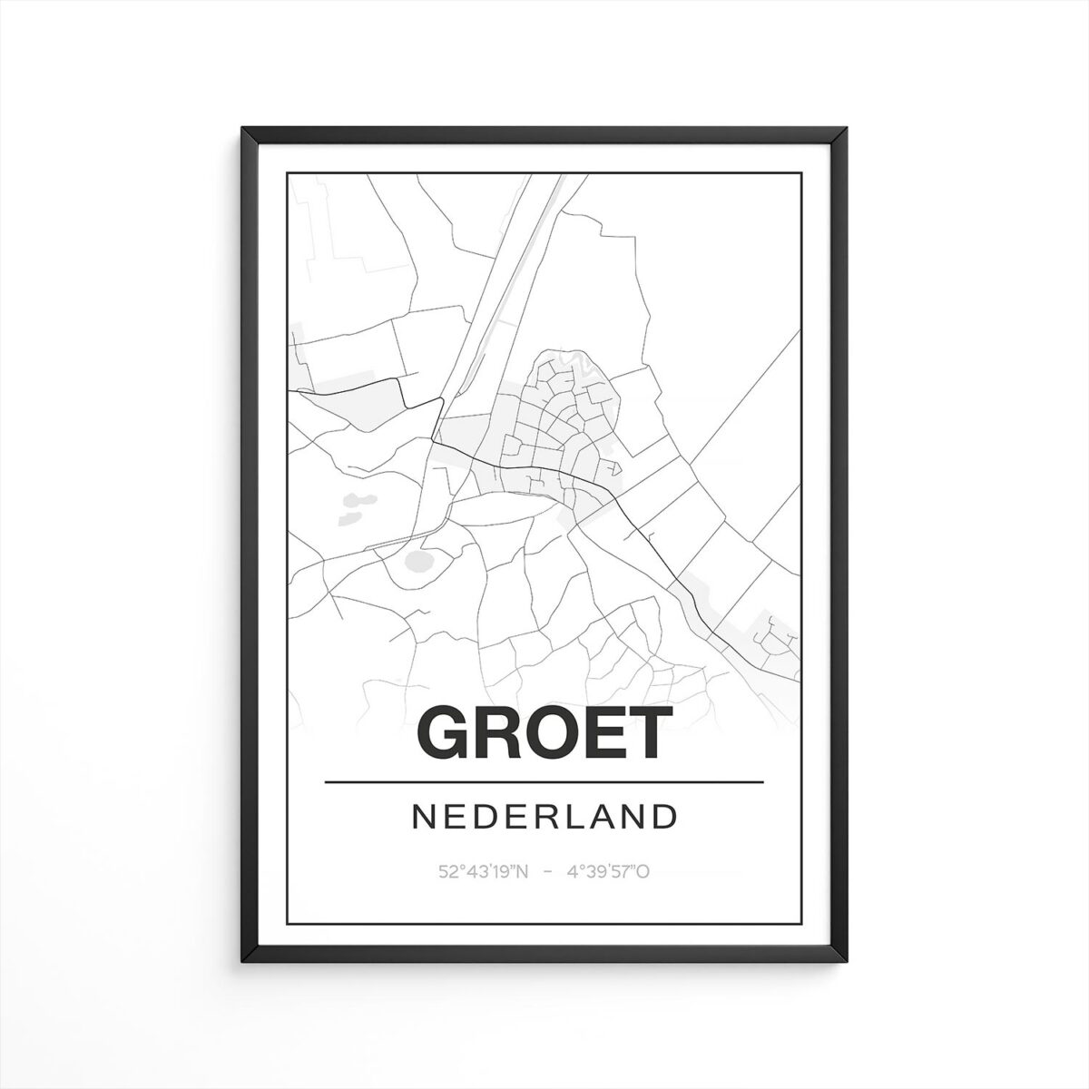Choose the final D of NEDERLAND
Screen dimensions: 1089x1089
pos(666,816)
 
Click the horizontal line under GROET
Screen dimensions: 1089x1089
pos(544,781)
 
